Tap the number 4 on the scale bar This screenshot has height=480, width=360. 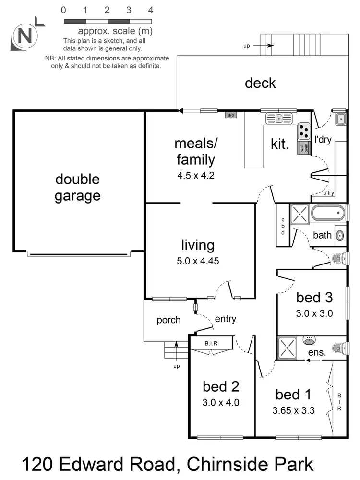pyautogui.click(x=151, y=10)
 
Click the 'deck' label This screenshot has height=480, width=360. pyautogui.click(x=260, y=83)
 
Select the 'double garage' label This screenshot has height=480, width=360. pyautogui.click(x=77, y=187)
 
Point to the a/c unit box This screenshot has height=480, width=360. pyautogui.click(x=230, y=115)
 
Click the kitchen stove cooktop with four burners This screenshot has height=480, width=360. pyautogui.click(x=304, y=130)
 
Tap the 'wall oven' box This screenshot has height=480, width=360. pyautogui.click(x=304, y=148)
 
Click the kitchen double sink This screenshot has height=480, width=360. pyautogui.click(x=279, y=117)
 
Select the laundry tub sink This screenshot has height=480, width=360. pyautogui.click(x=339, y=118)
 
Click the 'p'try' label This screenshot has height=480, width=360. pyautogui.click(x=328, y=193)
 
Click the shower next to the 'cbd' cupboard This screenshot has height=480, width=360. pyautogui.click(x=300, y=214)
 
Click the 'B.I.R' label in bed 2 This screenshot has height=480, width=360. pyautogui.click(x=211, y=343)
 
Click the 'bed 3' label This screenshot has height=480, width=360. pyautogui.click(x=314, y=298)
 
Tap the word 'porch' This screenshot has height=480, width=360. pyautogui.click(x=168, y=320)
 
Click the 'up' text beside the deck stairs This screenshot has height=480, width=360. pyautogui.click(x=247, y=46)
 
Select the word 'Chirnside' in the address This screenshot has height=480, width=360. pyautogui.click(x=229, y=464)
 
